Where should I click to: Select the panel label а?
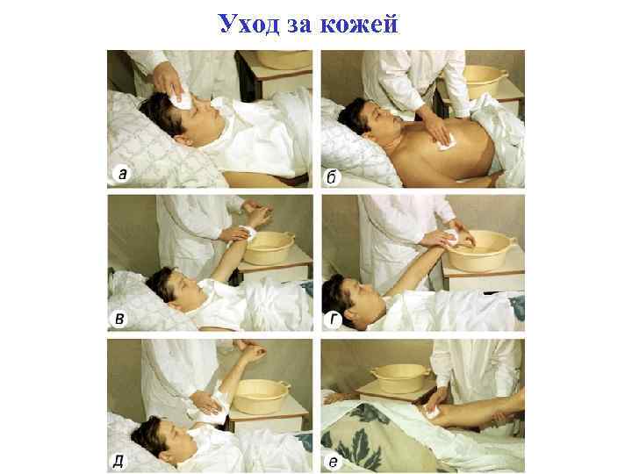(x=123, y=175)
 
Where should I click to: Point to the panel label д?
(x=121, y=461)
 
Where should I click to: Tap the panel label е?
(x=334, y=461)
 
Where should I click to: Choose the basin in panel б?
(x=488, y=80)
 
